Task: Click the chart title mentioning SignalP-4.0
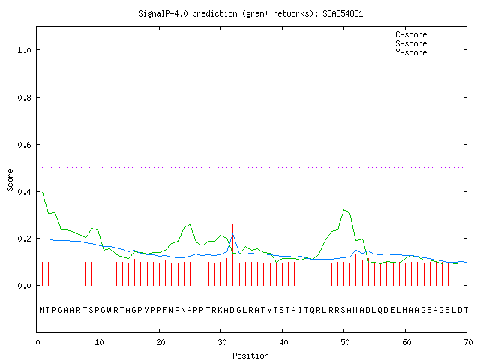250,13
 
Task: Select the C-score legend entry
427,34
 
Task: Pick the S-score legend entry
427,43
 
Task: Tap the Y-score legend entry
427,52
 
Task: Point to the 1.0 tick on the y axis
24,50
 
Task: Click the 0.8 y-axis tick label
24,97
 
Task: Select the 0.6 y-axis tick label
24,145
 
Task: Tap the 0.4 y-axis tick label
24,192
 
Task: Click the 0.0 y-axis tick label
24,286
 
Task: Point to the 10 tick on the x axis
99,342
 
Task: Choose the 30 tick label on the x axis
222,342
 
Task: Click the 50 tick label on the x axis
345,342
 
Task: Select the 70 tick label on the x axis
468,342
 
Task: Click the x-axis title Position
250,355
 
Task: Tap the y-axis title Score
10,180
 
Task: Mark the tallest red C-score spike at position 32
233,255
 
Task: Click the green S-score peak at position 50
344,210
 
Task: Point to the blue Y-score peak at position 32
233,235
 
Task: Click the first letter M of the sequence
42,310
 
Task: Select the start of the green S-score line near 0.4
43,192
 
